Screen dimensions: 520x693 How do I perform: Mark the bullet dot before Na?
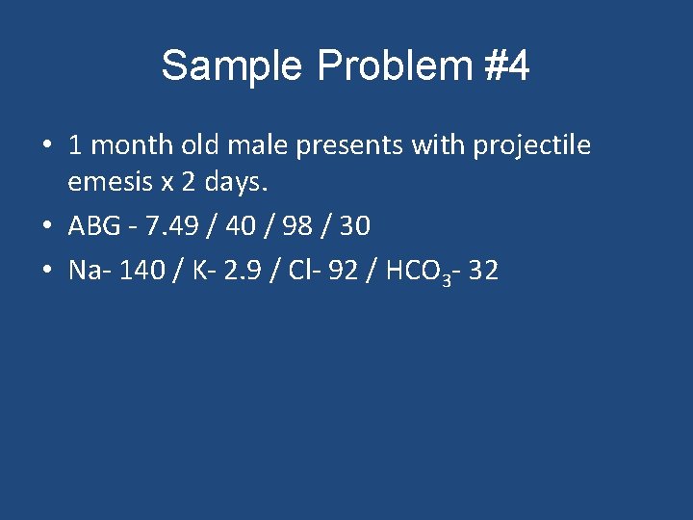pyautogui.click(x=46, y=272)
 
